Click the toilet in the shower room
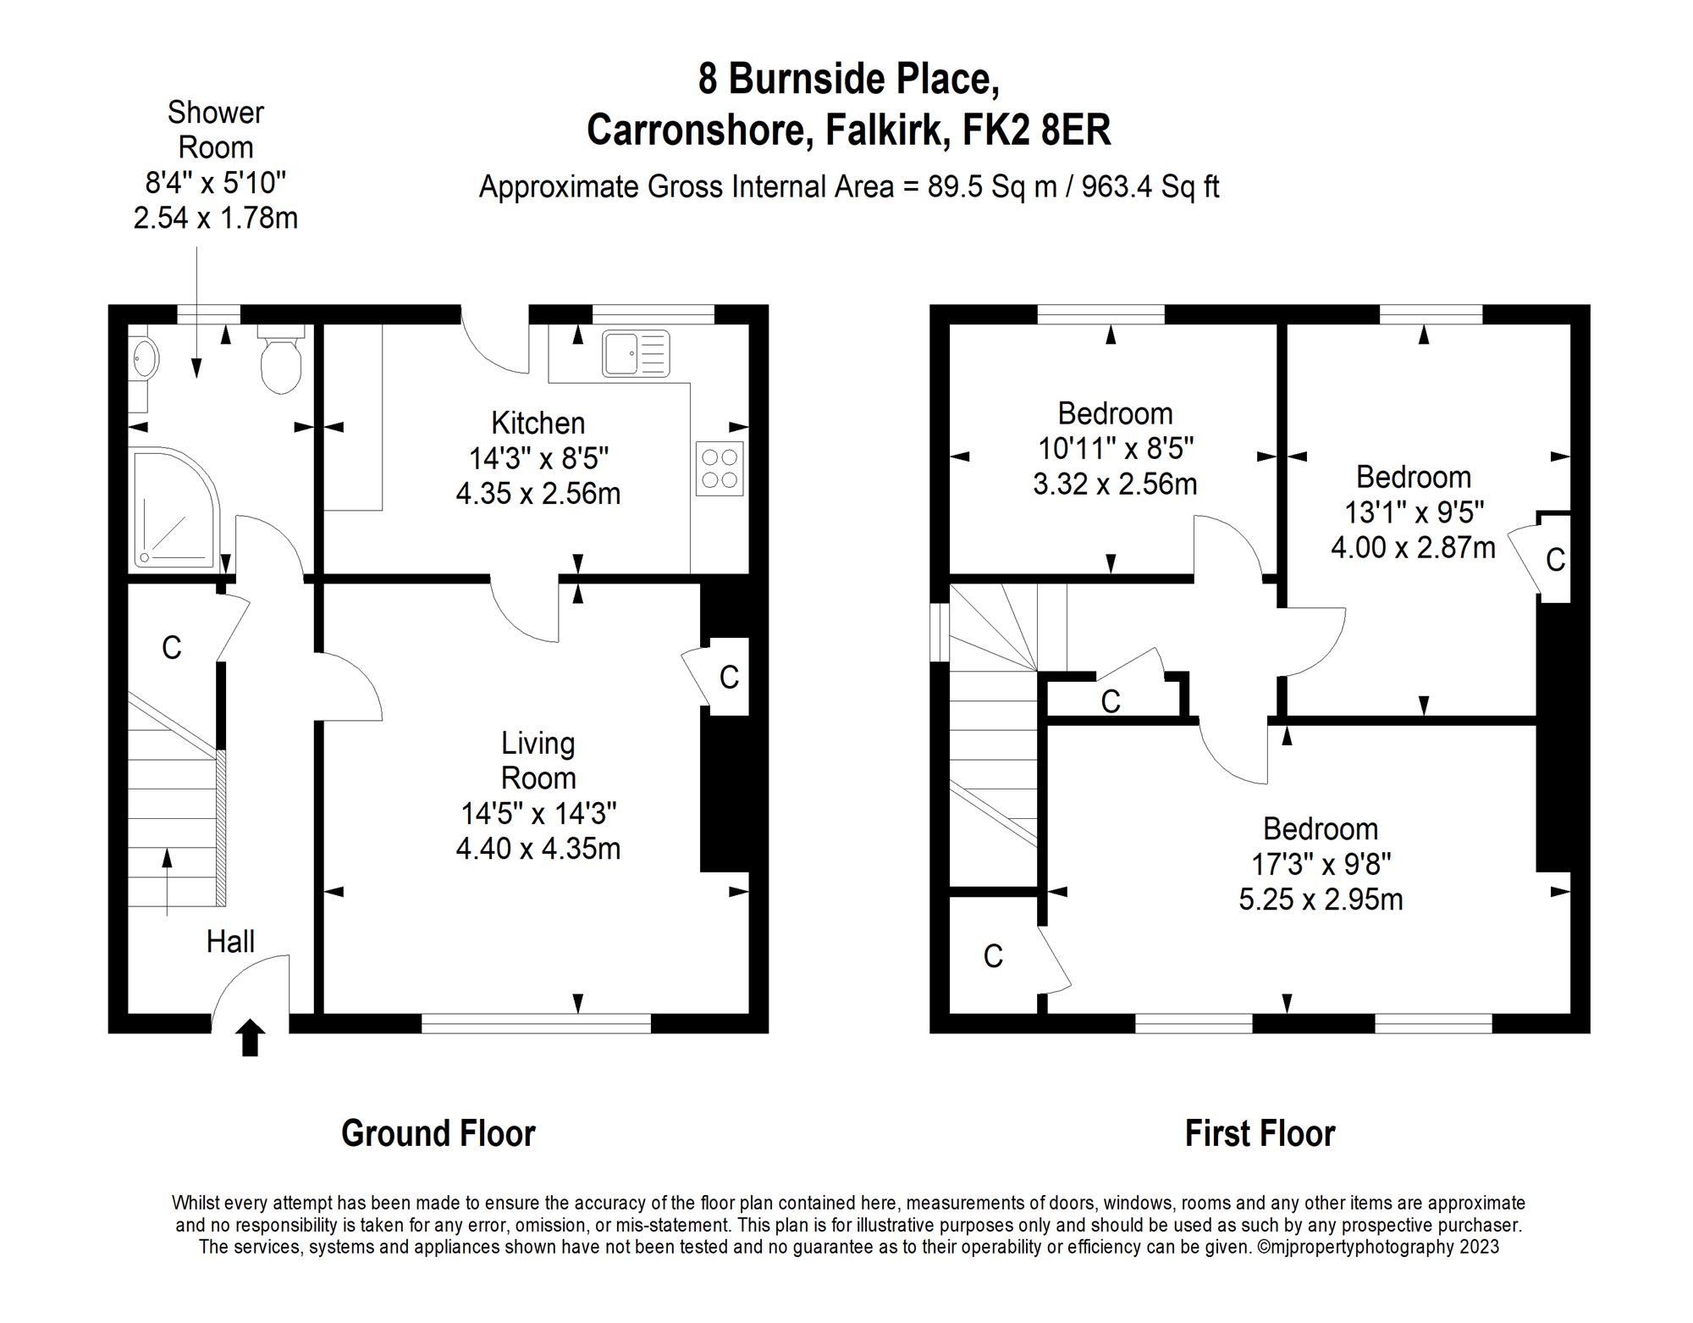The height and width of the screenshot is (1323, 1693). point(281,364)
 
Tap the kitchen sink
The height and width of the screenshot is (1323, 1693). point(636,353)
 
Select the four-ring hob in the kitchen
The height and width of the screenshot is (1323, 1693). point(720,468)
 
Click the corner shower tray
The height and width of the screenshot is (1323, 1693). point(174,508)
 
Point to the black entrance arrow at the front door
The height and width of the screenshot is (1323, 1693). point(251,1038)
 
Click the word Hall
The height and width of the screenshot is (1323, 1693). point(230,941)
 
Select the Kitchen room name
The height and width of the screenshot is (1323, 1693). point(538,423)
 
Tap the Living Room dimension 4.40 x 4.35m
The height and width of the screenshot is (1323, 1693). point(538,848)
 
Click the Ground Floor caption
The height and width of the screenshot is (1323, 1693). point(438,1133)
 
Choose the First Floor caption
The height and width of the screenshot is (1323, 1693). point(1260,1133)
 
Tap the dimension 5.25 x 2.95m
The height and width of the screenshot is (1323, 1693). point(1321,899)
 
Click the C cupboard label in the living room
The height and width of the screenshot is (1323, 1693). point(729,677)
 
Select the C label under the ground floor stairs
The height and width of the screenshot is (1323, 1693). point(172,648)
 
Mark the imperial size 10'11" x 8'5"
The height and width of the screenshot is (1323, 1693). point(1115,448)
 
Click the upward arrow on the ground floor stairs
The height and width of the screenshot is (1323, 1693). point(167,881)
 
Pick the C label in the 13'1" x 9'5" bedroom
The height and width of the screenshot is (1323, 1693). point(1555,560)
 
